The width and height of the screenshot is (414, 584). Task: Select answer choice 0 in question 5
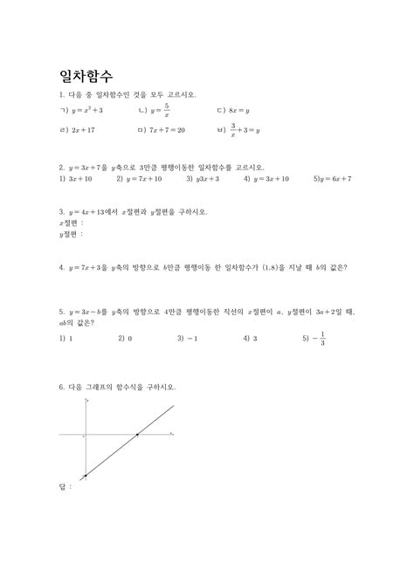[130, 337]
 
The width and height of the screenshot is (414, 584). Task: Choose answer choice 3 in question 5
[254, 337]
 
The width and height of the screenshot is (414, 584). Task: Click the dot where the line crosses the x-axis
[137, 434]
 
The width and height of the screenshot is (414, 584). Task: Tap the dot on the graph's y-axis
[86, 475]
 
